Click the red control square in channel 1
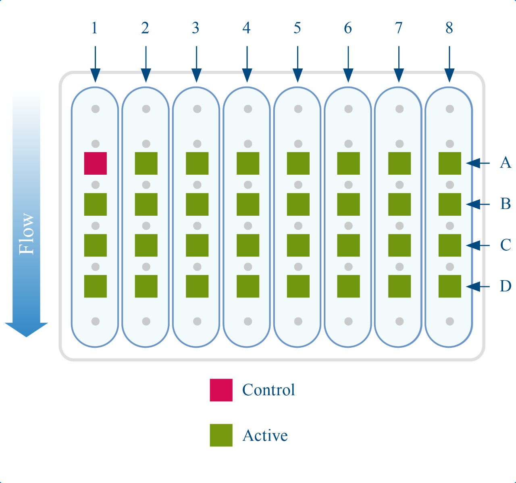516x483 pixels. point(96,163)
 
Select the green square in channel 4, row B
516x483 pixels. point(248,204)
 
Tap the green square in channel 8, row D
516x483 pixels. point(450,286)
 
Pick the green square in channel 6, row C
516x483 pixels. point(349,245)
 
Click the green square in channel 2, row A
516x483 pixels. point(146,163)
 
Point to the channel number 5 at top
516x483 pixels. point(297,28)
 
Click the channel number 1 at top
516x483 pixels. point(94,28)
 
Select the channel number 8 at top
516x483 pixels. point(449,28)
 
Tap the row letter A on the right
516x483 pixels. point(505,163)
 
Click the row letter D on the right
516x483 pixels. point(505,286)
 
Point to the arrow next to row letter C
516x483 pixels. point(478,245)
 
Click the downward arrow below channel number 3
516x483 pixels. point(196,64)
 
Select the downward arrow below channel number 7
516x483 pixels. point(399,64)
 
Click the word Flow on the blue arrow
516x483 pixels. point(27,233)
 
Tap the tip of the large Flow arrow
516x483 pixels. point(26,335)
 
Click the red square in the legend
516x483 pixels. point(221,390)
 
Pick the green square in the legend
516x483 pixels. point(221,435)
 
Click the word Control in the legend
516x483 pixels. point(268,390)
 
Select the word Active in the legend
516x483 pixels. point(265,436)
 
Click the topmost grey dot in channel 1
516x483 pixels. point(96,109)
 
